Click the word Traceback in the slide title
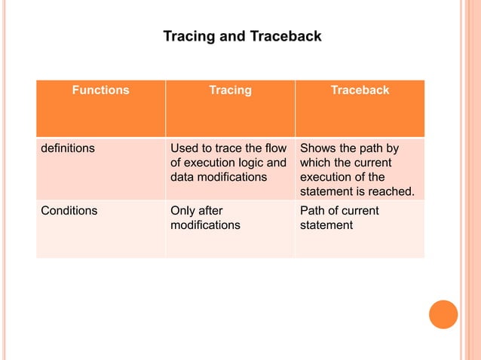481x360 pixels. click(286, 35)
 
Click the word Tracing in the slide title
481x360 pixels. click(188, 35)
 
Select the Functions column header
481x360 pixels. click(100, 90)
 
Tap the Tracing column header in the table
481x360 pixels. click(230, 90)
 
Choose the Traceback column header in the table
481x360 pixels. click(360, 90)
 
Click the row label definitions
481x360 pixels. click(68, 148)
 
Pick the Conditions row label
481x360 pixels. click(69, 211)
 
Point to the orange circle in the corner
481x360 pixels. click(443, 314)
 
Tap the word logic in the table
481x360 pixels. click(254, 163)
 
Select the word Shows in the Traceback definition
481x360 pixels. click(317, 148)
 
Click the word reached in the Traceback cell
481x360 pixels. click(391, 192)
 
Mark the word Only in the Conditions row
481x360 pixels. click(183, 211)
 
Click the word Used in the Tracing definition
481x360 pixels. click(185, 148)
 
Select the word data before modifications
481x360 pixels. click(183, 177)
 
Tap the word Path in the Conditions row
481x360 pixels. click(313, 211)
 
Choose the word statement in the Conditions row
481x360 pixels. click(326, 225)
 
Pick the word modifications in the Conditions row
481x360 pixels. click(206, 225)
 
